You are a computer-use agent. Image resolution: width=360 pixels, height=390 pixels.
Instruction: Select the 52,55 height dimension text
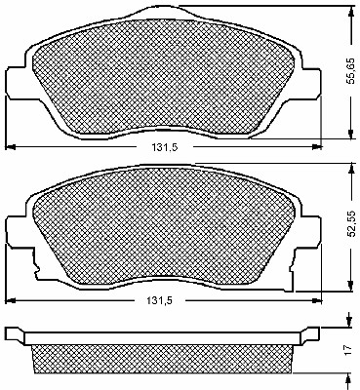350,225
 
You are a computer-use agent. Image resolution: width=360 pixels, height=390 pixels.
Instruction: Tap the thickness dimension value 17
348,350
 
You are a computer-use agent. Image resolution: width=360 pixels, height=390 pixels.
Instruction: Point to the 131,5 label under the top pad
165,147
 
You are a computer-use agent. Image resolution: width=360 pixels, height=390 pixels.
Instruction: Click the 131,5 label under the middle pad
159,300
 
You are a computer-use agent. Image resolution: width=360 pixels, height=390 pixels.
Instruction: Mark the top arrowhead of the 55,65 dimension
350,11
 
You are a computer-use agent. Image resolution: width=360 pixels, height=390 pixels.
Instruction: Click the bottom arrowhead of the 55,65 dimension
350,134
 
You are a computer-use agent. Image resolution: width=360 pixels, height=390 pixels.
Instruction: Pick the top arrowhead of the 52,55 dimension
350,168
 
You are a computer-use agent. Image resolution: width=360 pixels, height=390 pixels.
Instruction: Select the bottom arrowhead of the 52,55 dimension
350,286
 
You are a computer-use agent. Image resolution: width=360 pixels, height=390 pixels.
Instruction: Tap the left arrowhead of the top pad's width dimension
11,147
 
